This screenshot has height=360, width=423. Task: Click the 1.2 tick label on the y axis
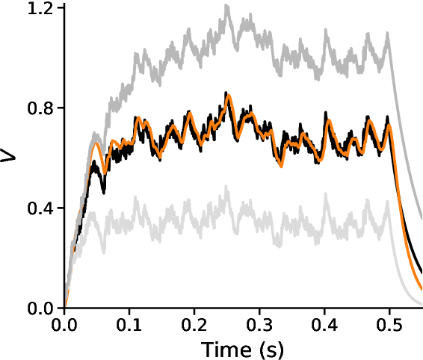(41, 9)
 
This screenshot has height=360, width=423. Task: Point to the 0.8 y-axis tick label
(41, 108)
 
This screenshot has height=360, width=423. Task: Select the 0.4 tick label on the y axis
(41, 208)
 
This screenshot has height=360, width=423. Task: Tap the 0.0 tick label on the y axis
(41, 307)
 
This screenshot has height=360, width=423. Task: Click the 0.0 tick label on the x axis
(65, 326)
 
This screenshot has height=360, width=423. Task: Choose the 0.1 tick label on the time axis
(129, 326)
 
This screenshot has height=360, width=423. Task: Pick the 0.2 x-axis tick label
(194, 326)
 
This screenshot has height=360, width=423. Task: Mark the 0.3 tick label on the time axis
(259, 326)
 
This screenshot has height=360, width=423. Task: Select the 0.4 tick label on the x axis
(324, 326)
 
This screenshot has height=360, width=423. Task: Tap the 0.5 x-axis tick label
(389, 326)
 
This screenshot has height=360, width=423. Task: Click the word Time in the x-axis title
(222, 349)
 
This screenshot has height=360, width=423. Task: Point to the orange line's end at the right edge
(421, 288)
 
